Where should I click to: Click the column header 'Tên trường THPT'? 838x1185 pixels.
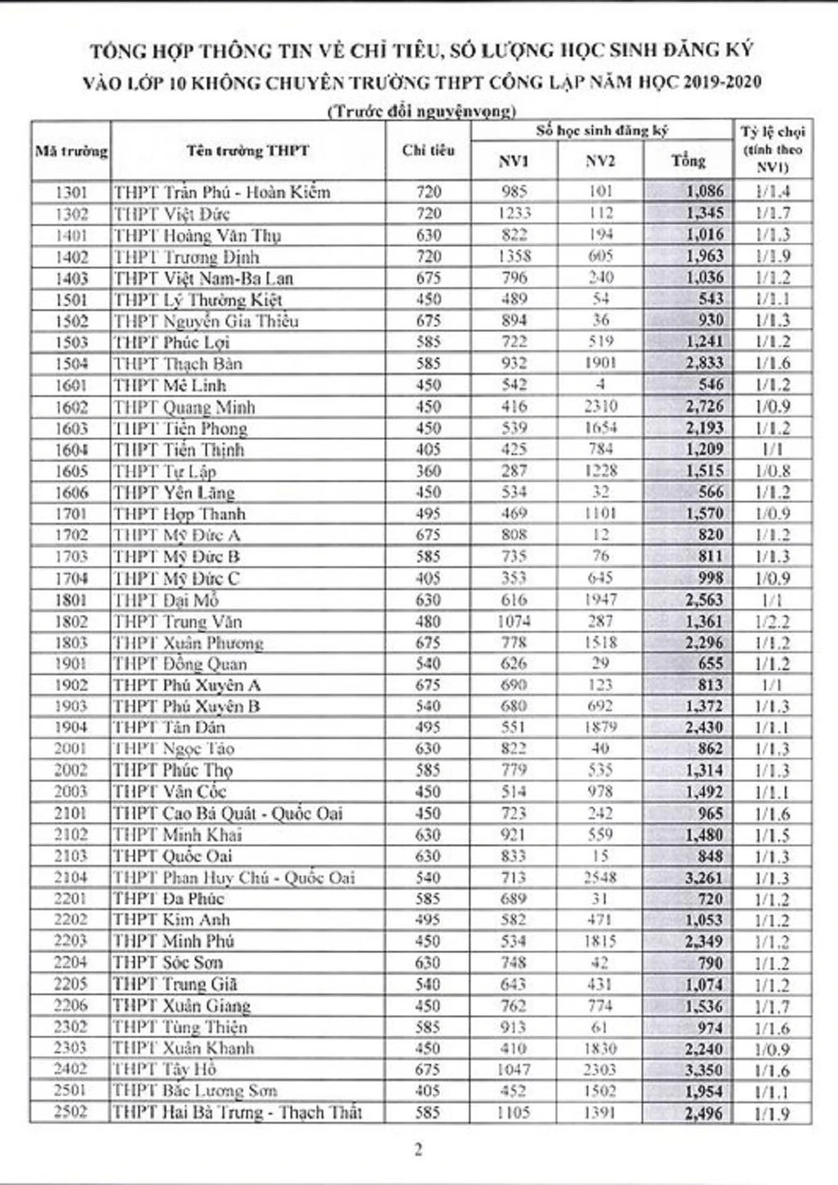pyautogui.click(x=247, y=152)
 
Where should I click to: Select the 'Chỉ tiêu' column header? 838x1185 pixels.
pyautogui.click(x=427, y=151)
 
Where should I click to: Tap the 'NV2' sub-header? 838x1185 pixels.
pyautogui.click(x=600, y=161)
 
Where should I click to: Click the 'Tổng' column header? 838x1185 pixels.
pyautogui.click(x=688, y=161)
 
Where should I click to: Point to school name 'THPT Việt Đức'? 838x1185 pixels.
pyautogui.click(x=162, y=214)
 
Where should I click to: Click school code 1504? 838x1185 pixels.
pyautogui.click(x=71, y=364)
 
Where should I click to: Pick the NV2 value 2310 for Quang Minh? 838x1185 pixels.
pyautogui.click(x=600, y=406)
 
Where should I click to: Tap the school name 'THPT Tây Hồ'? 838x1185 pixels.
pyautogui.click(x=165, y=1069)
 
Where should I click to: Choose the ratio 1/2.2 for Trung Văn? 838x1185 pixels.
pyautogui.click(x=772, y=622)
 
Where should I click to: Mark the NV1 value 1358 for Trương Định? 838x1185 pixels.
pyautogui.click(x=513, y=256)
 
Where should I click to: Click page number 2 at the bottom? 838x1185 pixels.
pyautogui.click(x=418, y=1150)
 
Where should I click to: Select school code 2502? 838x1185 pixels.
pyautogui.click(x=71, y=1112)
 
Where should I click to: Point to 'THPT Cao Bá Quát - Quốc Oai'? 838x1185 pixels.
pyautogui.click(x=228, y=813)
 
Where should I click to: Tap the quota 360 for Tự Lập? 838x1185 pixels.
pyautogui.click(x=427, y=471)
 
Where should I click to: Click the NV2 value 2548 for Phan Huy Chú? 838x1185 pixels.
pyautogui.click(x=600, y=877)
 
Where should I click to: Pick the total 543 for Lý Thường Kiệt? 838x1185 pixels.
pyautogui.click(x=709, y=299)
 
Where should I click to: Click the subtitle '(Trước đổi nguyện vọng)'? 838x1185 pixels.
pyautogui.click(x=421, y=111)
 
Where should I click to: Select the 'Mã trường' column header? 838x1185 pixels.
pyautogui.click(x=71, y=152)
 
